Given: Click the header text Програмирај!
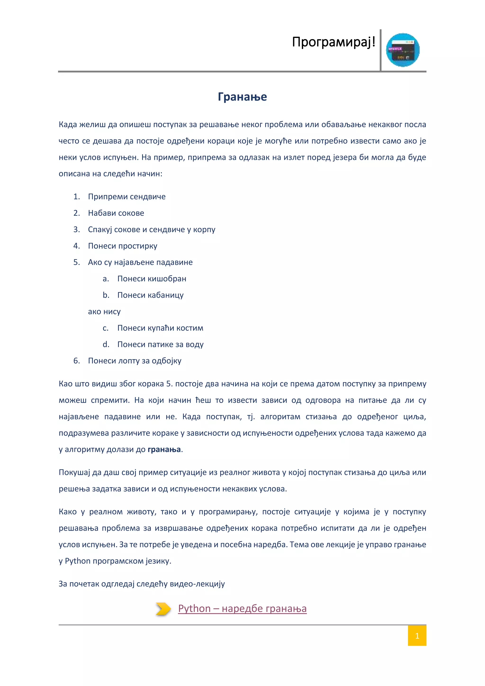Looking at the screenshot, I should coord(333,42).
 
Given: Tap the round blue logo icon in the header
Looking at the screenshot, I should coord(403,50).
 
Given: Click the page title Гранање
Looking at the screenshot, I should coord(242,97).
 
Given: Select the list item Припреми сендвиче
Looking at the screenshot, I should coord(127,197).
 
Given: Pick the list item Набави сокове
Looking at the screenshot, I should coord(116,213).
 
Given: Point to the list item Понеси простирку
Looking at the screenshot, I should coord(122,246).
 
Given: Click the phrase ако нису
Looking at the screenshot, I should coord(104,312).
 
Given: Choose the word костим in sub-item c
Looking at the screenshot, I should coord(190,328).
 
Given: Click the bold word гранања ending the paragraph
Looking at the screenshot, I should coord(164,450).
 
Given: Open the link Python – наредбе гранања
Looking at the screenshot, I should coord(242,608).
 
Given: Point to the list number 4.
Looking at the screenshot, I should coord(76,246).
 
